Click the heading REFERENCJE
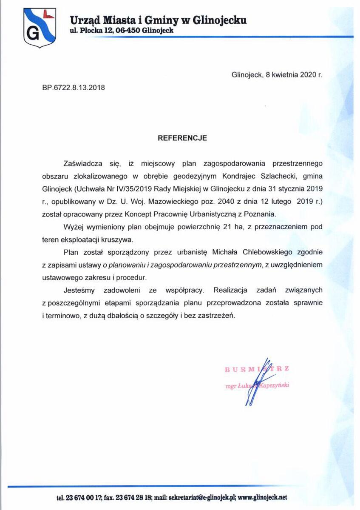tap(182, 138)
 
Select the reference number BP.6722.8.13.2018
tap(73, 88)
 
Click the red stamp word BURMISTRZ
tap(257, 369)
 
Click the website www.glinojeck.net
tap(263, 497)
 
